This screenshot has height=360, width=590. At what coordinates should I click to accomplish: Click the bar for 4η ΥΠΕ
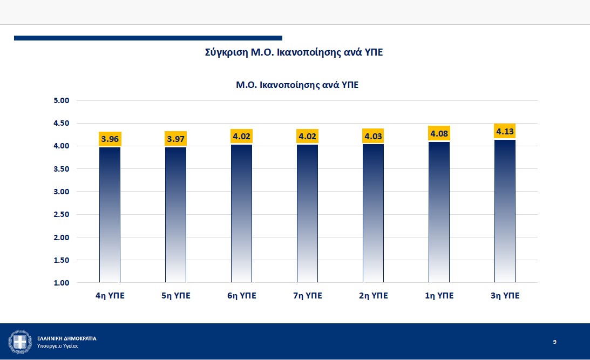[x=110, y=215]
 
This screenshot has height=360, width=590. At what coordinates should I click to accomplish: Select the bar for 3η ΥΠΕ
[x=505, y=211]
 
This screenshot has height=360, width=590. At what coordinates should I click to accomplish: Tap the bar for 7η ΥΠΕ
[x=308, y=214]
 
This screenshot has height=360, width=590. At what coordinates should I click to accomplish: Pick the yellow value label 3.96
[x=110, y=139]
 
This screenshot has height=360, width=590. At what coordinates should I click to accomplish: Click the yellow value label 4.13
[x=505, y=131]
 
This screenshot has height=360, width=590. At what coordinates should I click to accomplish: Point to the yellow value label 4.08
[x=439, y=133]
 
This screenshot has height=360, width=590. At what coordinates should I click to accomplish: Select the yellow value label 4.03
[x=373, y=136]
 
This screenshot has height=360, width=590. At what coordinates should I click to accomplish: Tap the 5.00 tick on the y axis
[x=62, y=100]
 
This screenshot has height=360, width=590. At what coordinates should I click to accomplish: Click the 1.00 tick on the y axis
[x=62, y=283]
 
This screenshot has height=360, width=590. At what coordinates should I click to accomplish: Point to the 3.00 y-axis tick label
[x=62, y=192]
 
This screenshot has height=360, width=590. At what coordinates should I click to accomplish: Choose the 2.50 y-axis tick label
[x=62, y=214]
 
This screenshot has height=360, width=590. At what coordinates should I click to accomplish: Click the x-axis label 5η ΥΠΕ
[x=176, y=296]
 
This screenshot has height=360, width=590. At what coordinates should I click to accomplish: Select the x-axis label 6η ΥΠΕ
[x=242, y=296]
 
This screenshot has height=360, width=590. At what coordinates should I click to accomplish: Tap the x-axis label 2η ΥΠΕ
[x=373, y=296]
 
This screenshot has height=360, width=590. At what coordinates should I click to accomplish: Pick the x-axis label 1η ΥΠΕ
[x=439, y=296]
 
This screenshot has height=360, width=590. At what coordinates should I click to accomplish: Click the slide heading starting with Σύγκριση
[x=294, y=52]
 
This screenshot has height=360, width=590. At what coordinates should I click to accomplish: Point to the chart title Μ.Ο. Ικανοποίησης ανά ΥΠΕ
[x=297, y=85]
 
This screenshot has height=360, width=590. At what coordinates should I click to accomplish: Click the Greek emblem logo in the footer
[x=20, y=342]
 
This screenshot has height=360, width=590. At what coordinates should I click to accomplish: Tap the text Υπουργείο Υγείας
[x=58, y=346]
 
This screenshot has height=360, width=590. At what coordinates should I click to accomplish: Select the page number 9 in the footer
[x=554, y=342]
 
